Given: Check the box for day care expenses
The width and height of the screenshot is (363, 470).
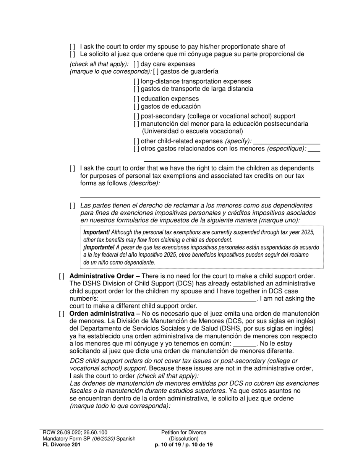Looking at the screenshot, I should pyautogui.click(x=136, y=64).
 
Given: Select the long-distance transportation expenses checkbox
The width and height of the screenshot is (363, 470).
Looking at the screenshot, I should pyautogui.click(x=136, y=81).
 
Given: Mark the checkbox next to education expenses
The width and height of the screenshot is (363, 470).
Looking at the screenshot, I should pyautogui.click(x=136, y=99).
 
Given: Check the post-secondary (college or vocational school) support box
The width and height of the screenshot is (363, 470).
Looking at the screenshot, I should pyautogui.click(x=136, y=116).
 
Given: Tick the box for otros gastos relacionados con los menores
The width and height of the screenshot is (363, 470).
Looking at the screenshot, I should pyautogui.click(x=136, y=149).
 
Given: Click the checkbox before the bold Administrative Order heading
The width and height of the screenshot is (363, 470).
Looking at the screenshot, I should pyautogui.click(x=62, y=276).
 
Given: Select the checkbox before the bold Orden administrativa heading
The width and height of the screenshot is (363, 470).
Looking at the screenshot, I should pyautogui.click(x=62, y=314).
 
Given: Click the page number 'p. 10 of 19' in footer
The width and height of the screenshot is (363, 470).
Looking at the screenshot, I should pyautogui.click(x=169, y=445).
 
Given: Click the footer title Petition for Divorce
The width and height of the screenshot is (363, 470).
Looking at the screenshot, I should pyautogui.click(x=183, y=433).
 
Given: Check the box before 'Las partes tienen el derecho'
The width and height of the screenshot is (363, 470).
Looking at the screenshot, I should pyautogui.click(x=72, y=206).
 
